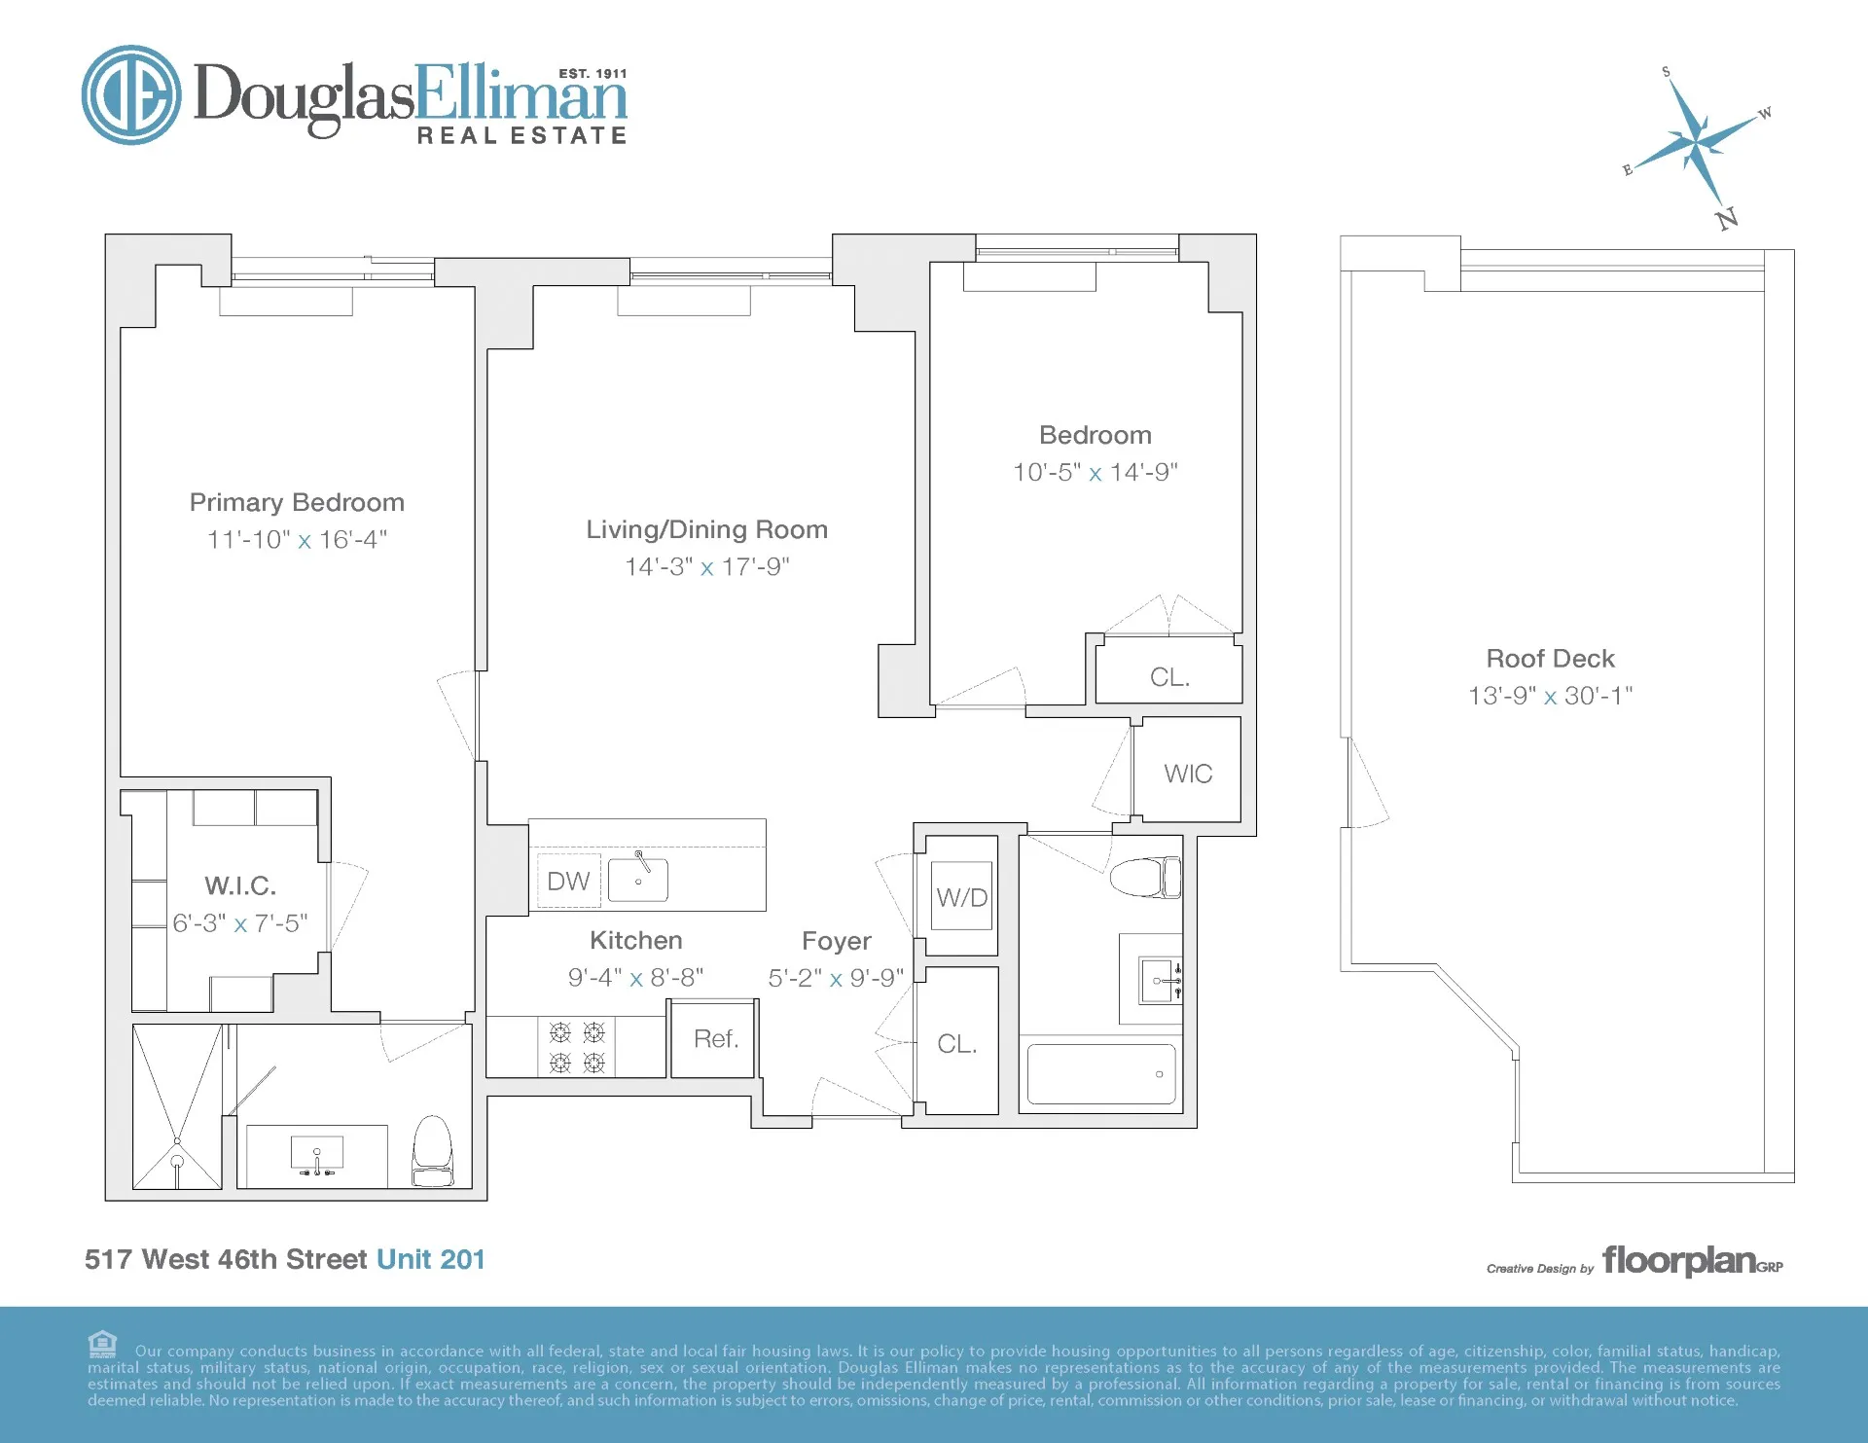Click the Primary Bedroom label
297,502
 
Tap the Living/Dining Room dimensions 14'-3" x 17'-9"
707,566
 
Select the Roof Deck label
1550,659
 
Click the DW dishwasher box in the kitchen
568,881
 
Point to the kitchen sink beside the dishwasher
638,880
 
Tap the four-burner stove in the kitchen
577,1047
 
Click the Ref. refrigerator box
715,1038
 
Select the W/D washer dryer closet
961,896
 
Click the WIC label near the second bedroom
1188,774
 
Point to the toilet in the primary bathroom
433,1151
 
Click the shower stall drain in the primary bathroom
177,1160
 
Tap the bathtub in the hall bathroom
1101,1074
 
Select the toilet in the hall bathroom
1145,877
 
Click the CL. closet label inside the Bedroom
1169,677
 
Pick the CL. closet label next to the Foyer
956,1044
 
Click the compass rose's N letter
1727,218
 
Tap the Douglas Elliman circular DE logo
131,95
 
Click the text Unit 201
430,1259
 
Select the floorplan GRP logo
1691,1261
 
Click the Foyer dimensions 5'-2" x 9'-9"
836,978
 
